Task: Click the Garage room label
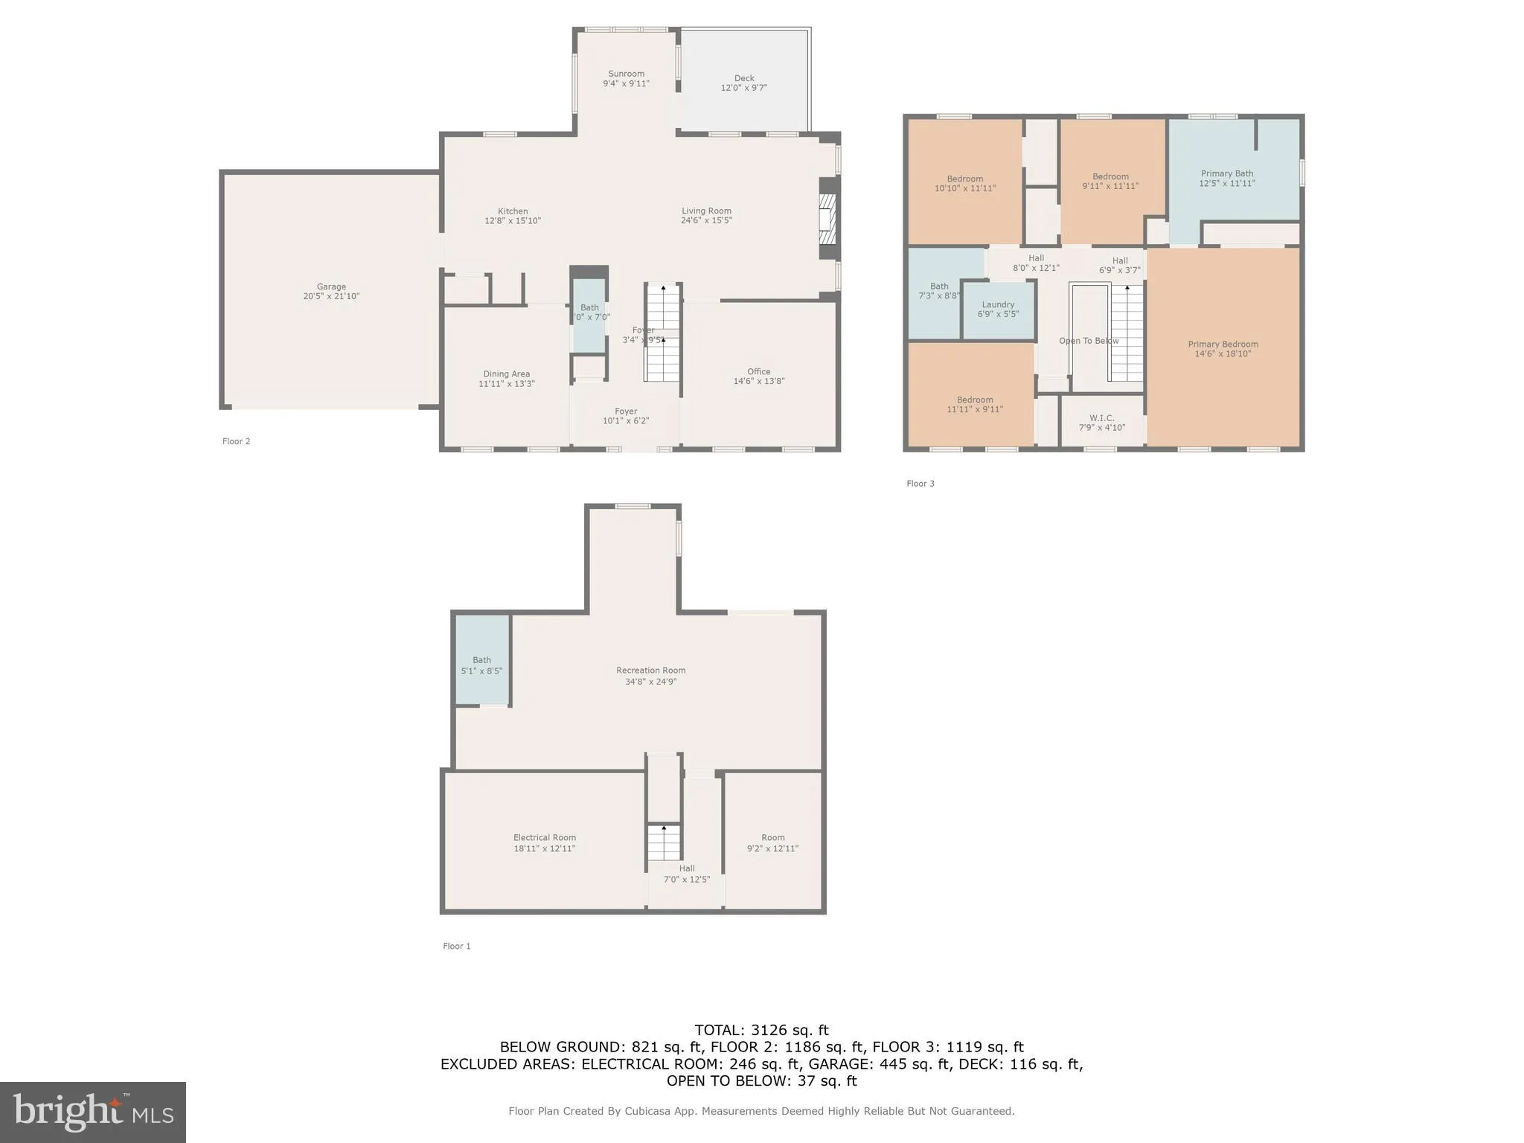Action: click(x=331, y=286)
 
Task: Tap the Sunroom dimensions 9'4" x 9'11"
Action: click(x=626, y=83)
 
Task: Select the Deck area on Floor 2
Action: click(x=744, y=83)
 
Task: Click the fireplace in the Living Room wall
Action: click(x=827, y=220)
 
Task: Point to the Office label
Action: click(x=758, y=371)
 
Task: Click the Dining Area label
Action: click(x=506, y=374)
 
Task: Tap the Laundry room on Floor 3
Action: click(x=998, y=309)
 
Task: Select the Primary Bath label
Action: click(x=1226, y=173)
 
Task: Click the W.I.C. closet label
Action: click(x=1101, y=418)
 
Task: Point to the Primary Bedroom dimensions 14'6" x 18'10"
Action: click(x=1223, y=354)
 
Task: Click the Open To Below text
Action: click(x=1089, y=341)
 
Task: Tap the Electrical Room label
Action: click(x=544, y=838)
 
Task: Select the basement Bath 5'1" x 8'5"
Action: click(x=481, y=665)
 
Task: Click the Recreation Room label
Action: click(x=650, y=670)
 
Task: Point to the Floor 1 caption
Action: click(x=456, y=947)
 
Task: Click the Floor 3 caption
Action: click(x=920, y=484)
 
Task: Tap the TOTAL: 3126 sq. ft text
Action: click(x=761, y=1031)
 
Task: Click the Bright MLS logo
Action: click(x=93, y=1112)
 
